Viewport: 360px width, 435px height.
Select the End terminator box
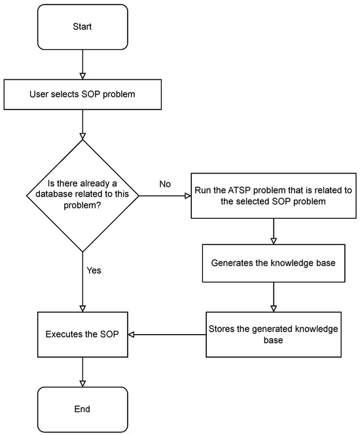pos(82,409)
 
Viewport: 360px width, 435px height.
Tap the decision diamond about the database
pos(82,195)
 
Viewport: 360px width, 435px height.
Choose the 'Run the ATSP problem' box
pos(273,195)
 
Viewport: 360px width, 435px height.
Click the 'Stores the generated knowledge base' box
pos(273,334)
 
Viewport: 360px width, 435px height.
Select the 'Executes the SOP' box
pos(82,334)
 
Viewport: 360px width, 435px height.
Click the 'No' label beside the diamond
pos(166,183)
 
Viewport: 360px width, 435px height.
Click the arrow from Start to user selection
pos(82,65)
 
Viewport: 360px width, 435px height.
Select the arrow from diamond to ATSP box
pos(164,195)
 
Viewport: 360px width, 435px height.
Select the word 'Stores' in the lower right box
pos(222,329)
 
